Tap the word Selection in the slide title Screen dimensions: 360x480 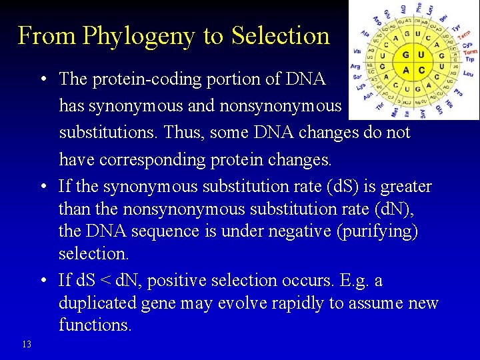coord(281,36)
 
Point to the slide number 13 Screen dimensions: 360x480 coord(26,344)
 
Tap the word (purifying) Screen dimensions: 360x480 coord(379,231)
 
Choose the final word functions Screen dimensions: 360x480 coord(95,325)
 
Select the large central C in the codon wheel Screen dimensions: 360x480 coord(420,71)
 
